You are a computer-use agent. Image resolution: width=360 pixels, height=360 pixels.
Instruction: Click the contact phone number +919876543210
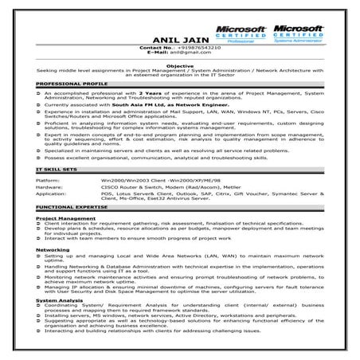(197, 53)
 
